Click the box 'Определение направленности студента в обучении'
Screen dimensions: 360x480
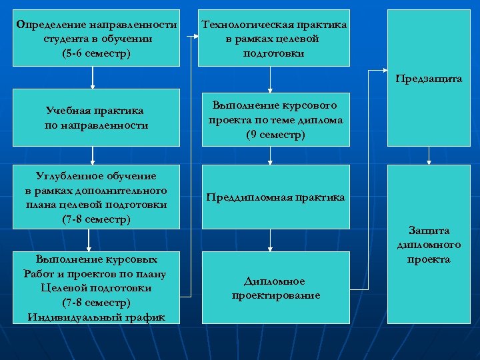[96, 39]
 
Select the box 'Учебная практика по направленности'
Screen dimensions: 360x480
[96, 117]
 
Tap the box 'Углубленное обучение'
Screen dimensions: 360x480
[96, 197]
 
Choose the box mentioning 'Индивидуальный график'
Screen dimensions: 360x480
[96, 287]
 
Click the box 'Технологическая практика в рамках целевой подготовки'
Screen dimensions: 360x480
[274, 39]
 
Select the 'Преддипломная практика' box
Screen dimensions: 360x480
[275, 197]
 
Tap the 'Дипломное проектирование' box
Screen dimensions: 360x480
[275, 287]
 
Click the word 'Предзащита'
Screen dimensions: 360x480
[428, 78]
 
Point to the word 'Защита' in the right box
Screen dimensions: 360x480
[429, 230]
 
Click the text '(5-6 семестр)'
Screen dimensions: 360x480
[96, 52]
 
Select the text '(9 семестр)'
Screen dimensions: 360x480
[275, 135]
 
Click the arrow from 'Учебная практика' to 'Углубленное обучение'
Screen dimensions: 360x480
[93, 155]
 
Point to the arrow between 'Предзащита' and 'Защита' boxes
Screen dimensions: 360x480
[428, 155]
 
